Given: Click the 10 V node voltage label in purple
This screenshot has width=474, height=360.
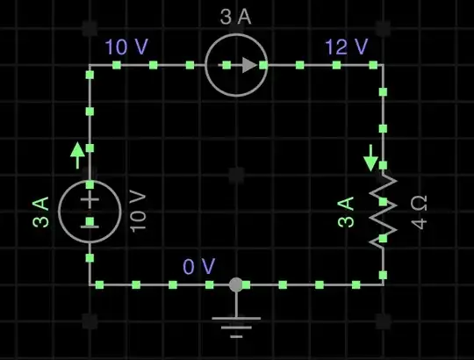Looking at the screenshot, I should tap(127, 47).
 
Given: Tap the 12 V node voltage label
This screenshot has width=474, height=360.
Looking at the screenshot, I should tap(345, 47).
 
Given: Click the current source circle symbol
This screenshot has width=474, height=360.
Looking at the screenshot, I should tap(236, 64).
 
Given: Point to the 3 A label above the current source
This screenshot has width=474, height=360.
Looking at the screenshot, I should tap(236, 18).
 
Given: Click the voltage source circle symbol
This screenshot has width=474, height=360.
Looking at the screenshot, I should tap(90, 211).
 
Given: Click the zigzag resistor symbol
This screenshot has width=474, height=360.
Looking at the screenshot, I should tap(383, 211).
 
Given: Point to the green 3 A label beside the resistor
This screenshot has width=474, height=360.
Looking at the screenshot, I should tap(346, 212).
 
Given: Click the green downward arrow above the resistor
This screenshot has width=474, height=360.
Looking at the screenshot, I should tap(370, 159).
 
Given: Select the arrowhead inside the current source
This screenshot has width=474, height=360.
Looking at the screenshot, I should tap(250, 64).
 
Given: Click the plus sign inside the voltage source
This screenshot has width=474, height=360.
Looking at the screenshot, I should tap(90, 199).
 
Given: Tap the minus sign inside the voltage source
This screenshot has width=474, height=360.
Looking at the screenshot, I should tap(90, 223).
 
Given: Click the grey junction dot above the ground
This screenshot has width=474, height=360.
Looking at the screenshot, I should tap(235, 284).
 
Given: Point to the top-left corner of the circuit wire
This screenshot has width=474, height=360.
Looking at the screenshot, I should tap(90, 64).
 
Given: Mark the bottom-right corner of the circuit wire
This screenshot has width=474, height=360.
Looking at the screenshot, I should tap(383, 284).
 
